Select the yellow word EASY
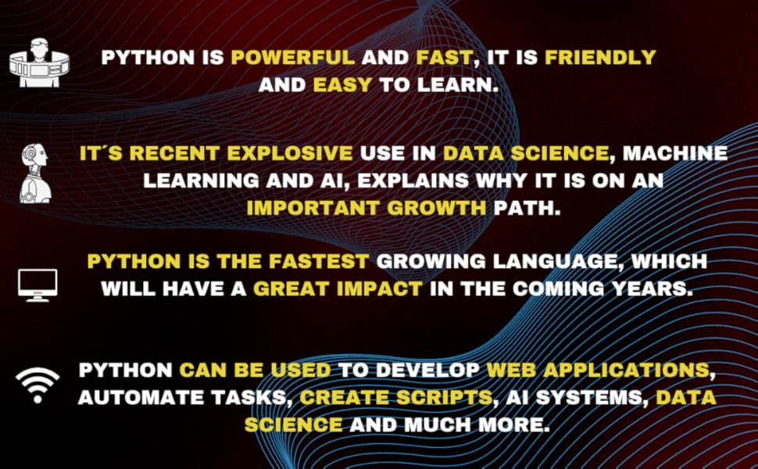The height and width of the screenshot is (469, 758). coord(342,84)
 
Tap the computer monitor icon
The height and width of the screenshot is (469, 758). coord(38,283)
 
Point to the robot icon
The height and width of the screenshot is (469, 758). coord(36,174)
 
